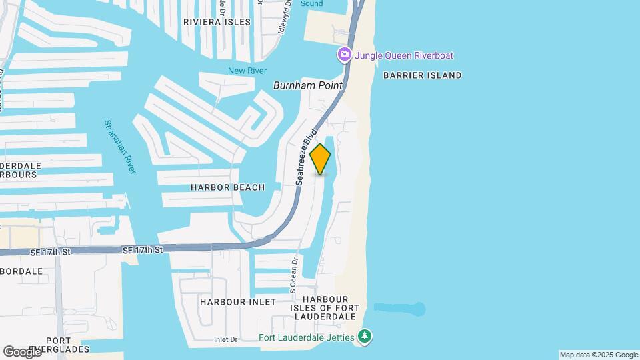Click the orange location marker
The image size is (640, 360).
click(x=321, y=159)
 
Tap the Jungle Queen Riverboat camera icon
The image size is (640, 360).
click(x=345, y=55)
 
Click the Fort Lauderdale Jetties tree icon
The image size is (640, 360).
click(x=364, y=337)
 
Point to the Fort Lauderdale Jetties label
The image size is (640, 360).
click(x=307, y=337)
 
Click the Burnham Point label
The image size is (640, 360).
click(x=308, y=85)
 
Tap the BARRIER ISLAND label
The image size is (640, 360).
click(x=422, y=75)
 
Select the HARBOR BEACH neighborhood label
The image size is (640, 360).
click(x=227, y=187)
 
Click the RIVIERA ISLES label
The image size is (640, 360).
click(x=217, y=22)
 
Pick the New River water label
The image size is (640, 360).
click(x=247, y=71)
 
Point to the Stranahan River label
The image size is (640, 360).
click(x=120, y=147)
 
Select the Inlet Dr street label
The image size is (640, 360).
click(x=226, y=340)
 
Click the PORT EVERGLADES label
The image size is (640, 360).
click(x=67, y=345)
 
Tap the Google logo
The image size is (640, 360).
click(x=22, y=351)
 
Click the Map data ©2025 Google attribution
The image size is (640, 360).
click(x=599, y=355)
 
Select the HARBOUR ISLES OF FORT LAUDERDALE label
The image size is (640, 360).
click(x=325, y=307)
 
